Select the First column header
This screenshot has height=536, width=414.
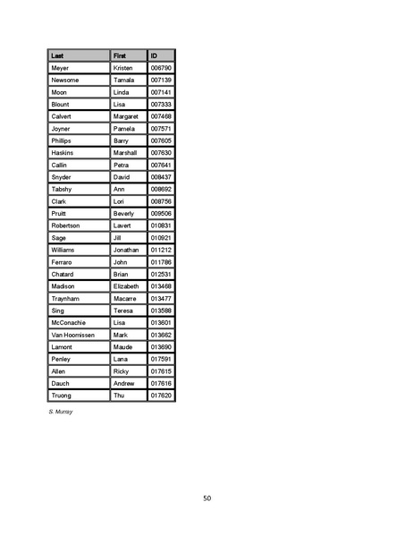[x=120, y=55]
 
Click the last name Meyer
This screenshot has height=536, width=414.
[x=60, y=68]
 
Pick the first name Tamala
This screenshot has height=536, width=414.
[x=123, y=81]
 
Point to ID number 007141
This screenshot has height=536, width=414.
[x=161, y=92]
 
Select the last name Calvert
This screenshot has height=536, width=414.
[x=62, y=116]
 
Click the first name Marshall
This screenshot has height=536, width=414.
[x=125, y=153]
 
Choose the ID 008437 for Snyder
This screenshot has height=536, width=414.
[x=161, y=177]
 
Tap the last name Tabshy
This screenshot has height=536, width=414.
[x=62, y=190]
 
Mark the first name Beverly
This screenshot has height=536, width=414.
[x=123, y=214]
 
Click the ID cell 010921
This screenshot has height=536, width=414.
[x=161, y=238]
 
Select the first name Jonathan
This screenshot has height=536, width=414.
[x=126, y=250]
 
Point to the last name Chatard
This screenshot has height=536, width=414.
[x=63, y=274]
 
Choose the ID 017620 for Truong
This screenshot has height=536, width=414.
[x=161, y=396]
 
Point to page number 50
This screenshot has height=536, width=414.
[x=207, y=498]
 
